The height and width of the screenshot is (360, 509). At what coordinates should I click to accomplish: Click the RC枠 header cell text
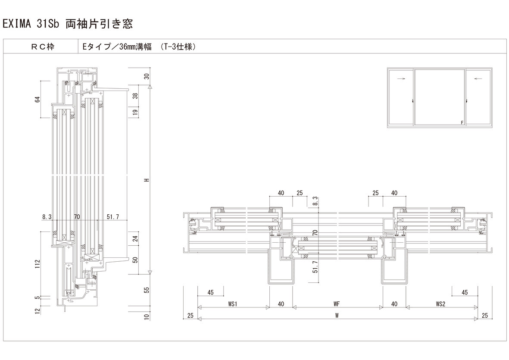pos(43,47)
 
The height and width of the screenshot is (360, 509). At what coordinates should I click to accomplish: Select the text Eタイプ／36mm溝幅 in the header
pos(117,47)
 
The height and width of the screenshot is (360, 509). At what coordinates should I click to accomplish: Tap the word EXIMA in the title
pos(16,24)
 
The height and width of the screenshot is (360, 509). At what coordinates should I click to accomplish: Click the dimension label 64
pos(37,99)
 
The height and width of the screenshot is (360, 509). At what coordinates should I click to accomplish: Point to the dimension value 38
pos(136,96)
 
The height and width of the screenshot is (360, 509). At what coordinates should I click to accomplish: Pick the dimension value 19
pos(136,112)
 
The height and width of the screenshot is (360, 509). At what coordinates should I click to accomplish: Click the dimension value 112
pos(37,263)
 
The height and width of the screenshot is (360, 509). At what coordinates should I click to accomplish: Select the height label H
pos(147,180)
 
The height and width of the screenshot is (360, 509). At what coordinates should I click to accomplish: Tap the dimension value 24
pos(136,238)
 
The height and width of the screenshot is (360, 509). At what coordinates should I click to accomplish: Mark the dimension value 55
pos(147,290)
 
